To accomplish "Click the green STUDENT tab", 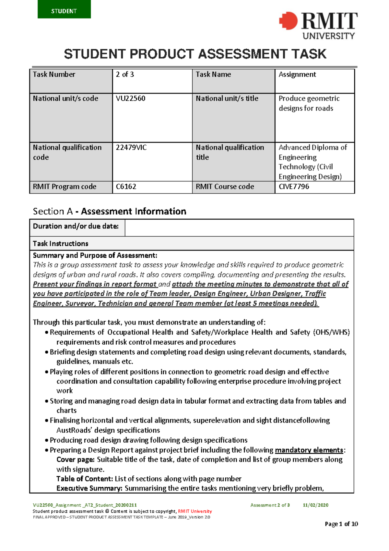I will [64, 10].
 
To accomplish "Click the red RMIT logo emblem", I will [288, 21].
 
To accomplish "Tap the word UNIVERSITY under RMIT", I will [328, 36].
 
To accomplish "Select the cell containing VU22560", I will [152, 117].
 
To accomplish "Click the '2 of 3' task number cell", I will [152, 81].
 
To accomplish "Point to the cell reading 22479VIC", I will [152, 161].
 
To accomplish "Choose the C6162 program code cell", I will [152, 187].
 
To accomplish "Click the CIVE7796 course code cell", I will [314, 187].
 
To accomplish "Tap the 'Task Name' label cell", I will [233, 81].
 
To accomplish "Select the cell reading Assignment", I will [314, 81].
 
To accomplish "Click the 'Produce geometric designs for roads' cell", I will [314, 117].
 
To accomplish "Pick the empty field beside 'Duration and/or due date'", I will [239, 227].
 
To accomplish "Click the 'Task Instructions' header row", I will [191, 243].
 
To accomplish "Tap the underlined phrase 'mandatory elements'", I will [309, 450].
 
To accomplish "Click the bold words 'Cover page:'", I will [75, 459].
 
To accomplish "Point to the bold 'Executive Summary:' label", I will [89, 488].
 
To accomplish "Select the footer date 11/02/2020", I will [315, 505].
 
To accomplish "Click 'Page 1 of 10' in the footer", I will [341, 524].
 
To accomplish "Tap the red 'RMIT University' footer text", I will [195, 511].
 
